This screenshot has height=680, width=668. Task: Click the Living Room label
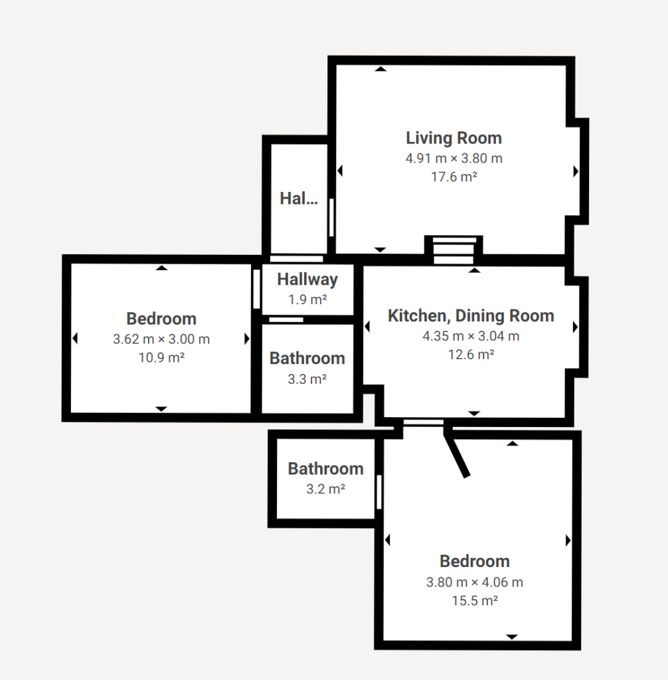click(454, 138)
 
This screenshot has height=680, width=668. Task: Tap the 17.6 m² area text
click(454, 177)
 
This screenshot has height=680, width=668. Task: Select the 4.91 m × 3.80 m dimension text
click(454, 158)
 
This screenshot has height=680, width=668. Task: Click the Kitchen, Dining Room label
click(471, 315)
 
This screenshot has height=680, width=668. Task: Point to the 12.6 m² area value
click(471, 355)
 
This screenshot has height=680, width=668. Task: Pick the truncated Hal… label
click(299, 199)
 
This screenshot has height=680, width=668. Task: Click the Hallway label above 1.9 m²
click(307, 280)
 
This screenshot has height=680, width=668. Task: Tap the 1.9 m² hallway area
click(307, 299)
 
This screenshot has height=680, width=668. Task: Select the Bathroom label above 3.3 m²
click(307, 358)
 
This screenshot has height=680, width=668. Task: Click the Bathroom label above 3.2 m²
click(325, 469)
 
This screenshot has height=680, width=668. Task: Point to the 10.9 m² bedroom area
click(161, 358)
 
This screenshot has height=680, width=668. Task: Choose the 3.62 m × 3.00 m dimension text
click(161, 339)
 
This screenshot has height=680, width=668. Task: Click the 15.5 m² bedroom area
click(475, 600)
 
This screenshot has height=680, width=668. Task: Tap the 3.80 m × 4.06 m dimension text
click(475, 582)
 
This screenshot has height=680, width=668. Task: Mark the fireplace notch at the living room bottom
click(454, 250)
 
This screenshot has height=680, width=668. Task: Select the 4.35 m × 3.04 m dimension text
click(471, 336)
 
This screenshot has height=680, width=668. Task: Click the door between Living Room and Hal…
click(331, 217)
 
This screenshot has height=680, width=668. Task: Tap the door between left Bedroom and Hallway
click(256, 289)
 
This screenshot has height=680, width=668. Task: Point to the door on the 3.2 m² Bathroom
click(378, 492)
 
